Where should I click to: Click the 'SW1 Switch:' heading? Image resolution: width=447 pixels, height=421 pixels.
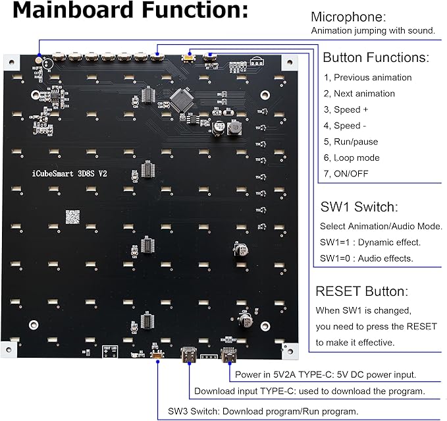tap(359, 207)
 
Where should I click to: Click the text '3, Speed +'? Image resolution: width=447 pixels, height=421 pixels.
tap(346, 109)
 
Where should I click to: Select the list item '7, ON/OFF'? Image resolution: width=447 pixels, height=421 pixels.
tap(347, 173)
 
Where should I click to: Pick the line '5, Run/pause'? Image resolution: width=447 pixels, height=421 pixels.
tap(351, 142)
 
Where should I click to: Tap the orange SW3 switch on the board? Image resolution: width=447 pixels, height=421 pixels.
tap(158, 356)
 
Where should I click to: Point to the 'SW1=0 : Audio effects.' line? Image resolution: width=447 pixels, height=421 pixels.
tap(367, 258)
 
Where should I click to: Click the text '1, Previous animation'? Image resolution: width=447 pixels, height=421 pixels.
tap(368, 78)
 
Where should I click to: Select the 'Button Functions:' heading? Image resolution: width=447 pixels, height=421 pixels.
tap(376, 57)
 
